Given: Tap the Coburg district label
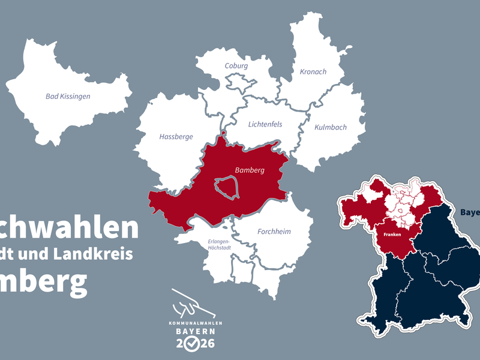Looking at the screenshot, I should click(236, 66).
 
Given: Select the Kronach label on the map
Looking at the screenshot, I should click(313, 72).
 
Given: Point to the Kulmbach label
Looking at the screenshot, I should click(331, 128).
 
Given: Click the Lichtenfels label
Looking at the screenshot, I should click(265, 124).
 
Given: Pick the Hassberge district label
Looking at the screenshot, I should click(176, 137).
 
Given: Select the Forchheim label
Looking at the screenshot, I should click(274, 232).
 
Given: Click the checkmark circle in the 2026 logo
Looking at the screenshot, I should click(192, 344).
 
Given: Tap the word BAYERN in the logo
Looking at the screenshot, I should click(192, 331).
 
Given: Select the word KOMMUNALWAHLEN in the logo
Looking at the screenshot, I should click(192, 322).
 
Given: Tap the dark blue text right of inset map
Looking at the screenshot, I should click(470, 212).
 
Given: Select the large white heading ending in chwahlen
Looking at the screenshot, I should click(69, 229).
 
